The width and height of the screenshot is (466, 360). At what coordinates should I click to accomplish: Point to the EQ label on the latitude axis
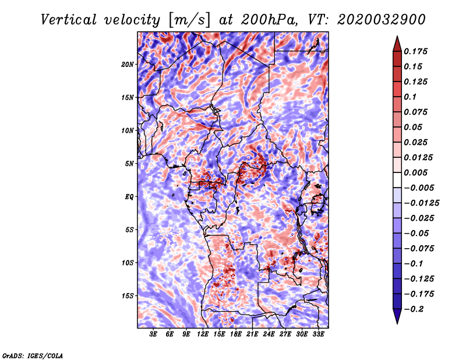pos(129,197)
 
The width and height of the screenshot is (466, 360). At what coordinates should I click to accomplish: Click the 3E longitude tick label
pos(153,334)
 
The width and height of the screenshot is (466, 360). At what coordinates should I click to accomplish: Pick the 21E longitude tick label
pos(252,334)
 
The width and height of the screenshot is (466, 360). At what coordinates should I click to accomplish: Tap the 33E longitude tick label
pos(318,334)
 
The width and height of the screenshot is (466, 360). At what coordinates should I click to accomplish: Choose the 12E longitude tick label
pos(203,334)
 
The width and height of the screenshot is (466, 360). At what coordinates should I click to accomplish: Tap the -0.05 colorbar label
pos(416,233)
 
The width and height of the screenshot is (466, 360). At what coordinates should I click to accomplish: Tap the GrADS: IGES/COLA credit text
pos(32,355)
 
